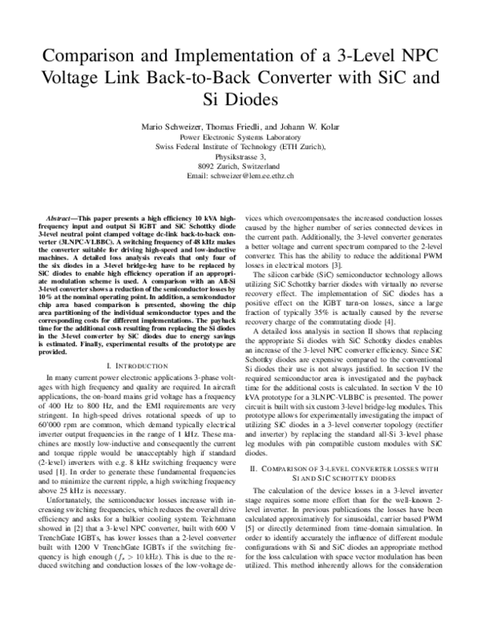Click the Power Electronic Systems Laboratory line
(x=240, y=136)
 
